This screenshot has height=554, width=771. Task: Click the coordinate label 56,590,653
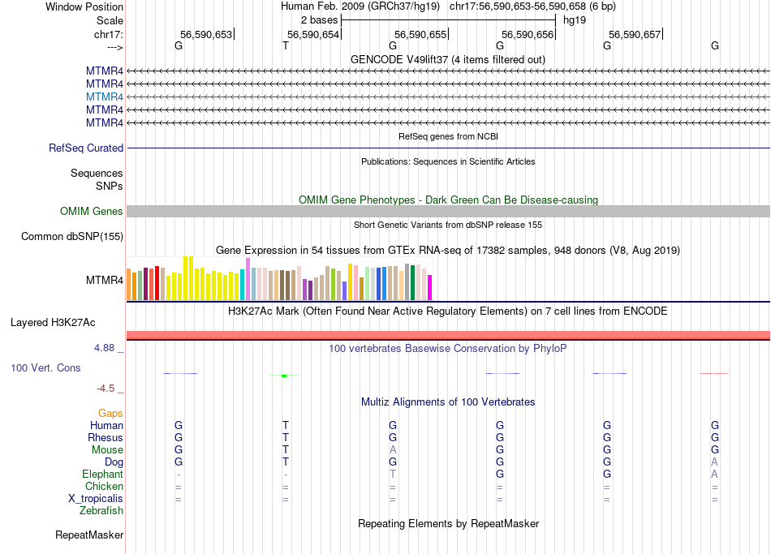[206, 34]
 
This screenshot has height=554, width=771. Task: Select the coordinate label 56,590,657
[635, 34]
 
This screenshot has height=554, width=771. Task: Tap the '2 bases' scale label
[319, 19]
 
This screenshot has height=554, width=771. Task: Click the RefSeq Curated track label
[86, 148]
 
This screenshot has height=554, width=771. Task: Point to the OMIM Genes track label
[92, 212]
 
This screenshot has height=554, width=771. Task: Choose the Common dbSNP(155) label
[73, 237]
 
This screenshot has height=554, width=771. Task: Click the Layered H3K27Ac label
[53, 323]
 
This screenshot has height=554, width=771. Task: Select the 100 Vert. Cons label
[45, 368]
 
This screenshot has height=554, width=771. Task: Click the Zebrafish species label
[101, 511]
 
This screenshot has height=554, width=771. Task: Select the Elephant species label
[102, 475]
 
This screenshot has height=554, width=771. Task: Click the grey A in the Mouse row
[393, 450]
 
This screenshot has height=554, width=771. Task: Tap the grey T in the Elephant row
[393, 475]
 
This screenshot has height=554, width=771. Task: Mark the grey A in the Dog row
[715, 462]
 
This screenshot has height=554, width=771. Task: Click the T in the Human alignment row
[286, 426]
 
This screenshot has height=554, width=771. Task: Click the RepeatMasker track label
[89, 535]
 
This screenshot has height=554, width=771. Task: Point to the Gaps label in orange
[110, 414]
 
